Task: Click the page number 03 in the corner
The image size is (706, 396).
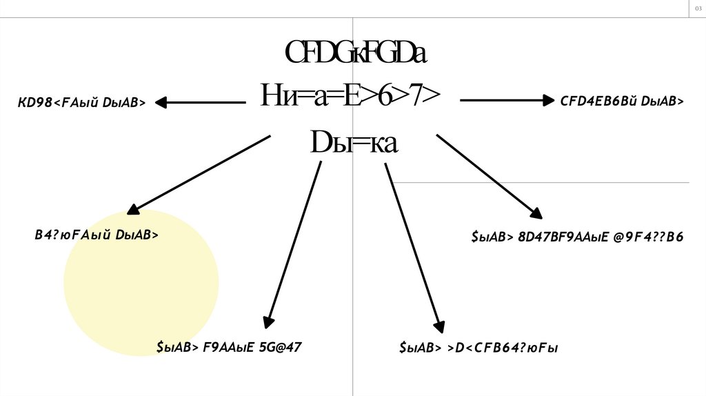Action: pyautogui.click(x=697, y=8)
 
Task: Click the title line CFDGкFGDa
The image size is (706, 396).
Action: pyautogui.click(x=356, y=53)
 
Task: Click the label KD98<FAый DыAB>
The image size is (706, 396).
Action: pyautogui.click(x=81, y=103)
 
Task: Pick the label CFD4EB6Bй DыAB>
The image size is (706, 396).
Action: pyautogui.click(x=622, y=101)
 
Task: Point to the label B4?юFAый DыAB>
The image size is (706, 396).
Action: pyautogui.click(x=97, y=235)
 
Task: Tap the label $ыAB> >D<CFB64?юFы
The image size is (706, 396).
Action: pyautogui.click(x=478, y=348)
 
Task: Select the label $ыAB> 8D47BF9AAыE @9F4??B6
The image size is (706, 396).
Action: pyautogui.click(x=577, y=237)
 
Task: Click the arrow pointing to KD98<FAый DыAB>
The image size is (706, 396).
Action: pyautogui.click(x=200, y=103)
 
